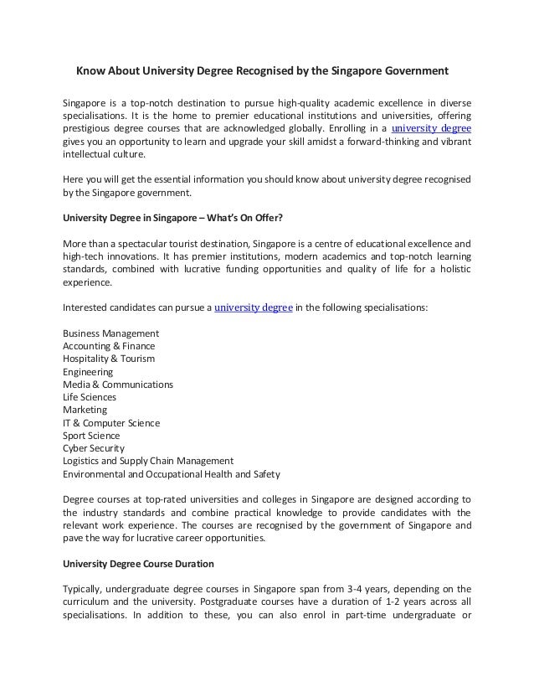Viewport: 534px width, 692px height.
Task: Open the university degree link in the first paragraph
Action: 431,129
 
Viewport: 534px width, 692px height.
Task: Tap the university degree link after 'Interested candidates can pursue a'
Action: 253,307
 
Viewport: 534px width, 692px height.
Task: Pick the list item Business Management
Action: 110,333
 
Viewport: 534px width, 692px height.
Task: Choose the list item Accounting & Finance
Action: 108,346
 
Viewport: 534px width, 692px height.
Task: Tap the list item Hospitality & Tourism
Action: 108,359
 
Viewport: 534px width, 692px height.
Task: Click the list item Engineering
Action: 88,372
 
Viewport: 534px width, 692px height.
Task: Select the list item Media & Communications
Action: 118,385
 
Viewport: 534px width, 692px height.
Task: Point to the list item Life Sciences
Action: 90,397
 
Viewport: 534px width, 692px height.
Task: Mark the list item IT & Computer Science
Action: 111,423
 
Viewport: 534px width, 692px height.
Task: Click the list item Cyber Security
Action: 94,448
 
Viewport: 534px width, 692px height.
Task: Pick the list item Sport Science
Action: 91,436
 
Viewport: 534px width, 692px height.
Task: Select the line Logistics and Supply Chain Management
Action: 148,461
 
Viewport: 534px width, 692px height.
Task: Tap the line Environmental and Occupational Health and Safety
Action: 172,474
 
